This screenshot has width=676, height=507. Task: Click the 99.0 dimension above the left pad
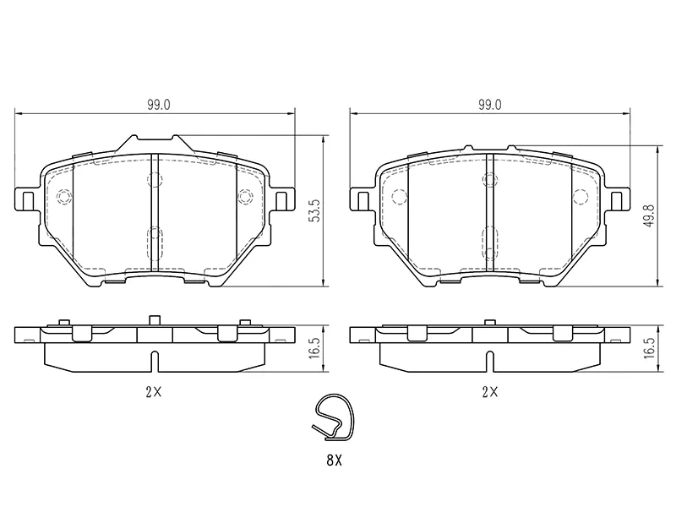[159, 105]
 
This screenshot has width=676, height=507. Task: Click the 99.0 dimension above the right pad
[489, 105]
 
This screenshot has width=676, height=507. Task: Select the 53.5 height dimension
[316, 210]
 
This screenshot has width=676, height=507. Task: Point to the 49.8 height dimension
[650, 215]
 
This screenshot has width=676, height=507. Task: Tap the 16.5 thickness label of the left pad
[314, 348]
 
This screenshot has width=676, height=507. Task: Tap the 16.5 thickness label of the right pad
[650, 348]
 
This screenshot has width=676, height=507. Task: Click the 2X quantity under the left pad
[153, 392]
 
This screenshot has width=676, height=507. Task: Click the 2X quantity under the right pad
[490, 392]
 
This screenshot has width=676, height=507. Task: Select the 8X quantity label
[334, 461]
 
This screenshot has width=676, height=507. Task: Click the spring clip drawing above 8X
[333, 418]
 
